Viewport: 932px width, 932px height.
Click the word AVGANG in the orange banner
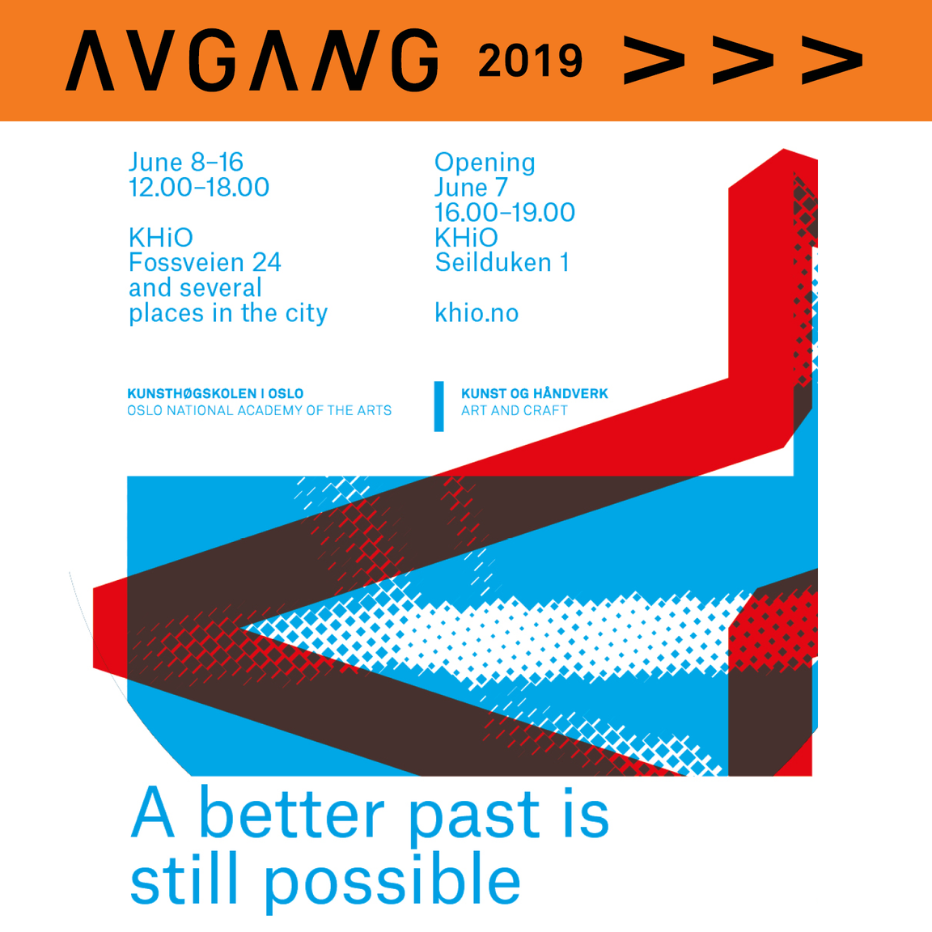coord(252,60)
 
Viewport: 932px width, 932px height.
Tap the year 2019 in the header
coord(530,61)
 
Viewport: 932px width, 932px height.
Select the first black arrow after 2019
coord(654,60)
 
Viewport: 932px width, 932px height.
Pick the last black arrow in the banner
coord(832,60)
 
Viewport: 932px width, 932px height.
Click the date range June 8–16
coord(186,163)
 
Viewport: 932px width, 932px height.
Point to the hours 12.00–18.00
coord(199,187)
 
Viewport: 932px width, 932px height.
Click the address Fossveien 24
coord(205,263)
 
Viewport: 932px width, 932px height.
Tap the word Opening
coord(485,163)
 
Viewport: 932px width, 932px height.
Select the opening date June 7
coord(471,187)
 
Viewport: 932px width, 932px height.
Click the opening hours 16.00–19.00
coord(505,212)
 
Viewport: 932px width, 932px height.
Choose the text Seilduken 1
coord(502,263)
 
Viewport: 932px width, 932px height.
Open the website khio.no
coord(477,312)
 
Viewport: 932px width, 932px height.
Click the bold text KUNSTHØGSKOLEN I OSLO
coord(215,393)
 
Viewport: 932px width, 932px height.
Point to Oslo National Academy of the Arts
coord(259,411)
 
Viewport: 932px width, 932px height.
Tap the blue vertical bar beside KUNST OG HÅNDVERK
coord(439,407)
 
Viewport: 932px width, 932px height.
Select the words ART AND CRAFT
coord(515,411)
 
